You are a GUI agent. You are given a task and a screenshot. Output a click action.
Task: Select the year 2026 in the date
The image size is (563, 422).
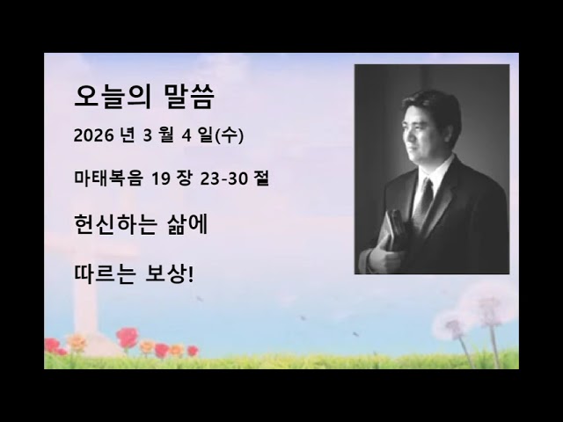[x=94, y=137]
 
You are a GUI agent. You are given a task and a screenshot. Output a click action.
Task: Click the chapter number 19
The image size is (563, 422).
[x=160, y=179]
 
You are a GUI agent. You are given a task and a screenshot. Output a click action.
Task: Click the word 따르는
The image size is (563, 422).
[x=106, y=274]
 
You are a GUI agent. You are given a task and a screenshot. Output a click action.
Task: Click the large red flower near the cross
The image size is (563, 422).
[x=128, y=337]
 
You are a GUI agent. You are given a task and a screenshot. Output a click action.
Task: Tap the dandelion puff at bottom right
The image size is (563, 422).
[x=486, y=303]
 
